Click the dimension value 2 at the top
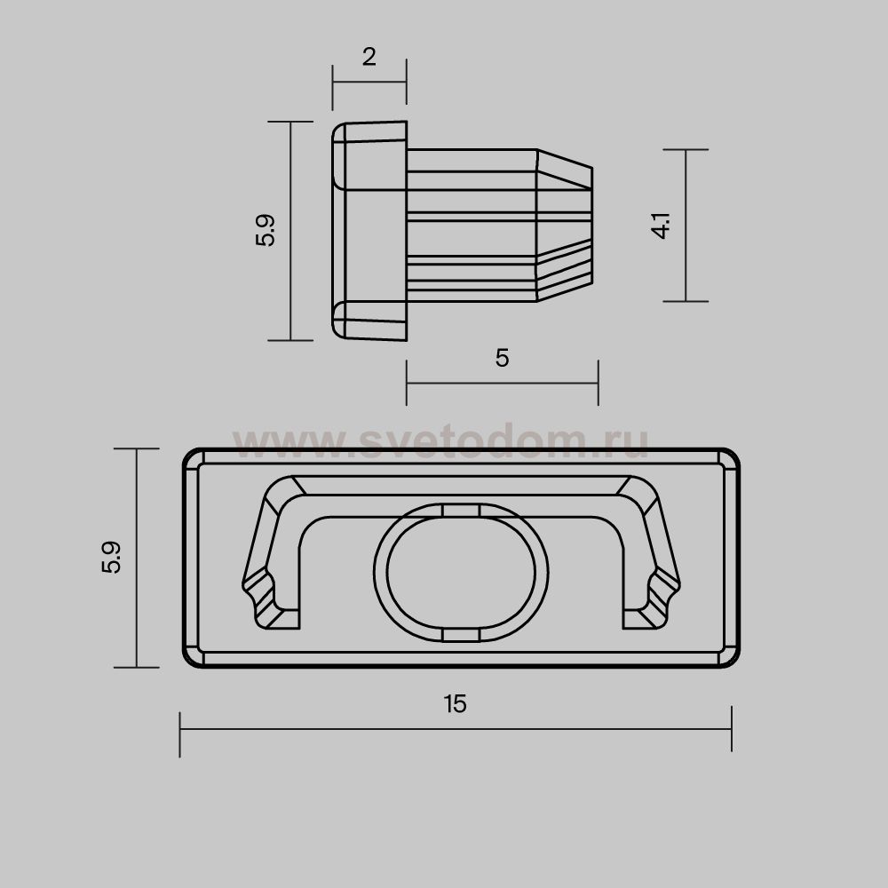pyautogui.click(x=369, y=57)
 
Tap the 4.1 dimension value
pyautogui.click(x=662, y=226)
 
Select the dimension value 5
pyautogui.click(x=502, y=358)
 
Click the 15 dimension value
pyautogui.click(x=456, y=704)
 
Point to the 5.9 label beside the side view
pyautogui.click(x=265, y=230)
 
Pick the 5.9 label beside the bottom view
pyautogui.click(x=112, y=558)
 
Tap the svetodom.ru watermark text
pyautogui.click(x=440, y=440)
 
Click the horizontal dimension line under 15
pyautogui.click(x=456, y=729)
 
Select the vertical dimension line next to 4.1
pyautogui.click(x=686, y=226)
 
